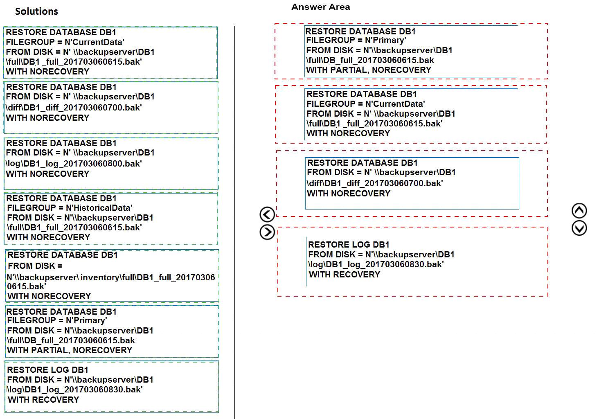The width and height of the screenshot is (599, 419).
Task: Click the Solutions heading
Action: click(x=36, y=11)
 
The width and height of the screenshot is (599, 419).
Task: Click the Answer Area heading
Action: click(x=321, y=7)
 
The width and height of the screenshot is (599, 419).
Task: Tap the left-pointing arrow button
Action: click(x=267, y=214)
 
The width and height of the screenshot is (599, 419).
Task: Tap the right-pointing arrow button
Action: click(x=267, y=232)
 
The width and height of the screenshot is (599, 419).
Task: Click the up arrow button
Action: click(x=579, y=211)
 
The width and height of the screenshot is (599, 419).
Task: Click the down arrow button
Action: click(x=579, y=228)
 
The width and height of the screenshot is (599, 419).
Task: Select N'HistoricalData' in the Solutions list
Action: click(x=99, y=208)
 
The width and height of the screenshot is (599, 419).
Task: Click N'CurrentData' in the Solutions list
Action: click(x=95, y=42)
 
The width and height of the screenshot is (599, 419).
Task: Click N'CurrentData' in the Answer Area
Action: click(x=395, y=104)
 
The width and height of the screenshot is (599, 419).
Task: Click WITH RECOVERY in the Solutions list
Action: click(x=43, y=399)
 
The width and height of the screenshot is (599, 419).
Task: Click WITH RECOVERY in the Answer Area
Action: click(x=345, y=274)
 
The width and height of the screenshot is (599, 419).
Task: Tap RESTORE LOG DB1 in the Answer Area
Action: click(x=349, y=244)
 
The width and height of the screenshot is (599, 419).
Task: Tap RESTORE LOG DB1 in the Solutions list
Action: click(x=47, y=369)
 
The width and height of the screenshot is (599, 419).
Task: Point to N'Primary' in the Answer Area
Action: click(x=385, y=41)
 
